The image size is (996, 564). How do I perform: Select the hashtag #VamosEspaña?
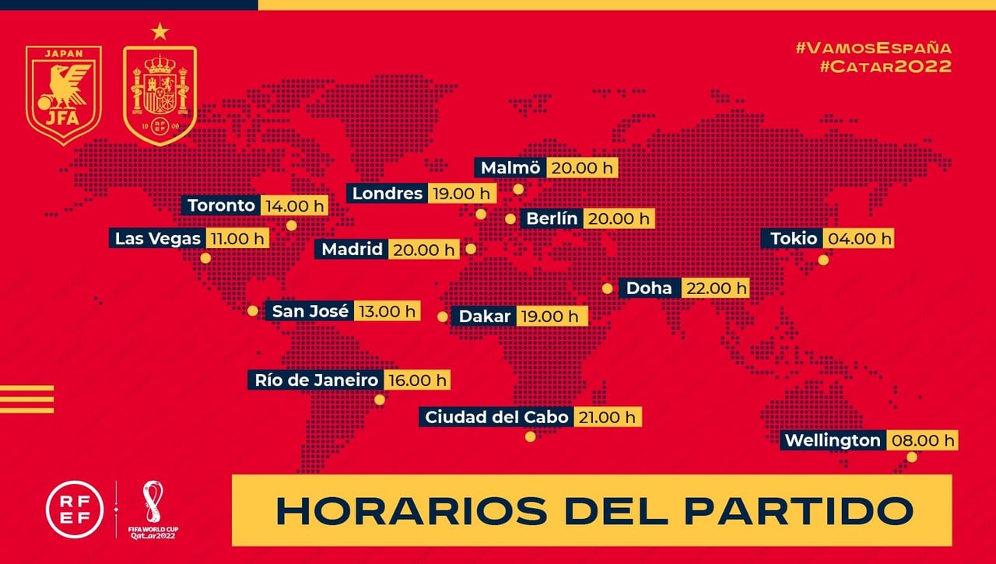click(x=873, y=47)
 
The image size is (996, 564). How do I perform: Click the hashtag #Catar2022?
click(x=885, y=66)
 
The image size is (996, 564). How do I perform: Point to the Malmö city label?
click(x=510, y=168)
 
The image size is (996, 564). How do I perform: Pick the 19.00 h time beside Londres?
click(x=461, y=193)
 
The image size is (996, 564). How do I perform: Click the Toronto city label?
click(x=221, y=205)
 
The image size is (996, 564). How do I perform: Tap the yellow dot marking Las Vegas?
click(x=205, y=257)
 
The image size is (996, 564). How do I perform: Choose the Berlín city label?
click(x=552, y=219)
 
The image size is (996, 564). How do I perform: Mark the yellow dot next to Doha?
click(x=607, y=288)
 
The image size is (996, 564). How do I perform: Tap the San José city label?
click(x=310, y=311)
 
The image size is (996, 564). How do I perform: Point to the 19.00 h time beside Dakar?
click(x=552, y=316)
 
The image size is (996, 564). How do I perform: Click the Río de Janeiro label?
click(x=316, y=380)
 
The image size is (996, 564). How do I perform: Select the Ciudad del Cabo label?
click(x=496, y=417)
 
